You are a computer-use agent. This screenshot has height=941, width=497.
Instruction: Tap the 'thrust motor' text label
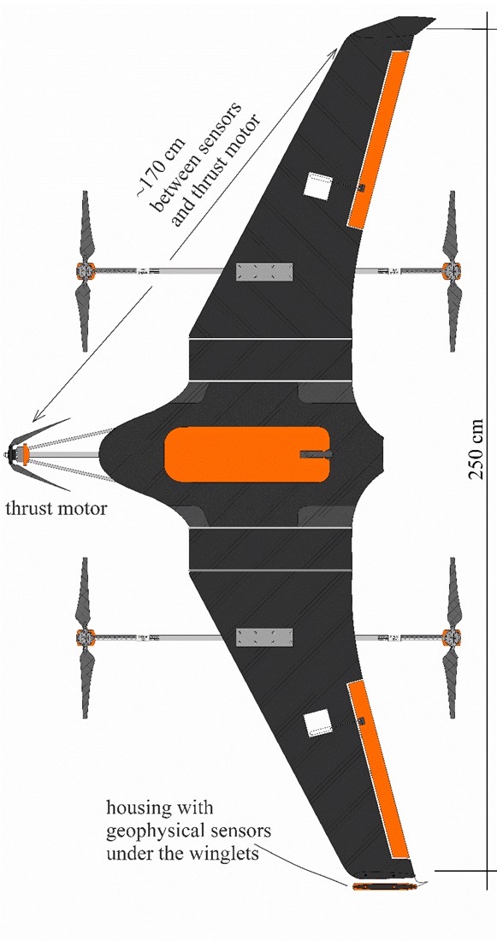pos(56,509)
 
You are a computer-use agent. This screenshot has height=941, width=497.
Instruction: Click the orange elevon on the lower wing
pos(379,769)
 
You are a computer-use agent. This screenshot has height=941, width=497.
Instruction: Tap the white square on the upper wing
pos(317,186)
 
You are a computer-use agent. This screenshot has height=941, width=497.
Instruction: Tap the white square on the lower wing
pos(317,723)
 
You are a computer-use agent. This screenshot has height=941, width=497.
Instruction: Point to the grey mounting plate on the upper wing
pos(264,272)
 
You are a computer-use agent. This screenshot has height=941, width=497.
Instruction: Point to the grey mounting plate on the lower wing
pos(264,638)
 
